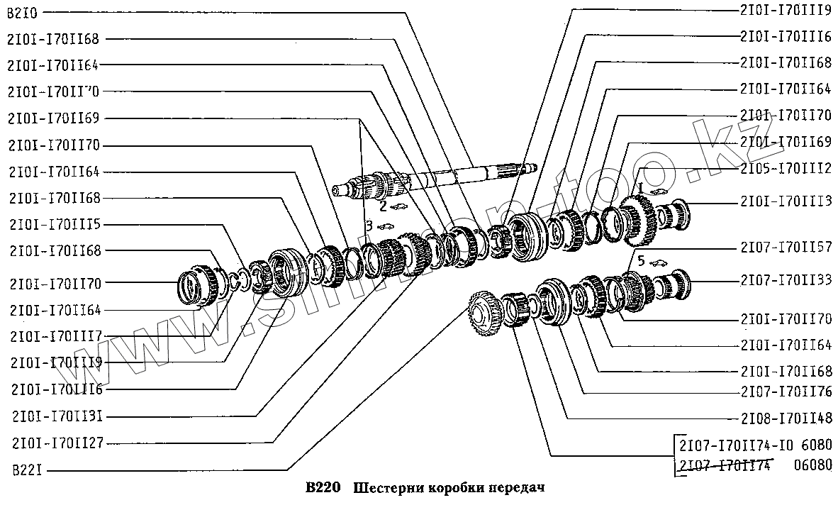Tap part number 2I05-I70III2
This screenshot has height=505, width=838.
pyautogui.click(x=786, y=168)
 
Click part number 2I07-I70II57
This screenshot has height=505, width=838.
pyautogui.click(x=786, y=247)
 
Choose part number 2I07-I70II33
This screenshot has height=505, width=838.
pyautogui.click(x=786, y=280)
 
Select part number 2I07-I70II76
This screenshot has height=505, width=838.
pyautogui.click(x=786, y=392)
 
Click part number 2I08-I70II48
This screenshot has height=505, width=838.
pyautogui.click(x=786, y=417)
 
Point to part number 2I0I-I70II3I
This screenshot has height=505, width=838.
pyautogui.click(x=58, y=416)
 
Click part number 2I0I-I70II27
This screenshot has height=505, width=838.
pyautogui.click(x=58, y=443)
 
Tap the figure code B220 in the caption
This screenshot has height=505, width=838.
pyautogui.click(x=323, y=488)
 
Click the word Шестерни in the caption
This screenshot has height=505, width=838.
pyautogui.click(x=382, y=488)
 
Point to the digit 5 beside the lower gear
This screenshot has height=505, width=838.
pyautogui.click(x=640, y=261)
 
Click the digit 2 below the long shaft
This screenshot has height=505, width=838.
pyautogui.click(x=383, y=206)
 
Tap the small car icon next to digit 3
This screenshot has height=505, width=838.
pyautogui.click(x=386, y=226)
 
